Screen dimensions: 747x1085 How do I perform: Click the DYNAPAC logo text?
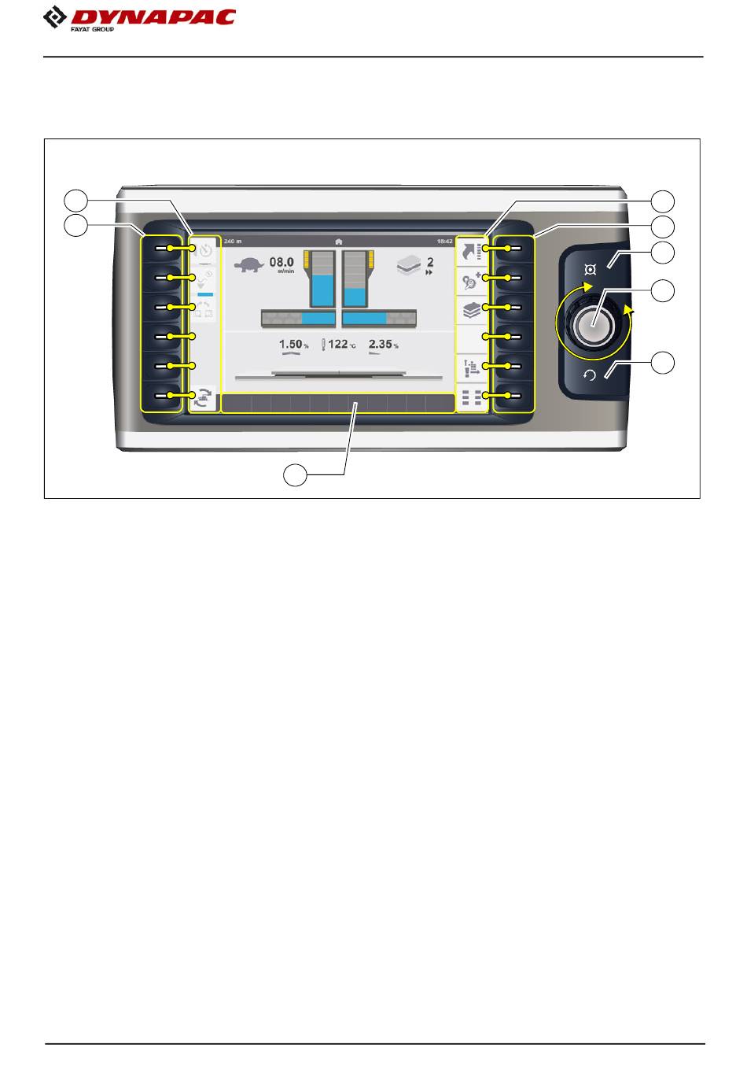tap(153, 17)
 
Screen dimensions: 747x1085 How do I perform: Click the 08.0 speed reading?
tap(282, 262)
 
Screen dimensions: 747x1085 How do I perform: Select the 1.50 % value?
tap(292, 345)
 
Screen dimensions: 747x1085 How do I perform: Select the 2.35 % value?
tap(381, 345)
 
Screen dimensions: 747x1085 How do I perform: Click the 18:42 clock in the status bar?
tap(444, 241)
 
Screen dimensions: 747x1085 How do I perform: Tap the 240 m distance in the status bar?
tap(234, 241)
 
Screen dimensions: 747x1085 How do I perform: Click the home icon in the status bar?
tap(338, 241)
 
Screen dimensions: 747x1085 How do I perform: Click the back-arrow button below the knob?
tap(590, 375)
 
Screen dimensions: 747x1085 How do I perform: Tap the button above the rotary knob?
tap(590, 268)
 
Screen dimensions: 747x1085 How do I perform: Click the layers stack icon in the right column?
tap(472, 308)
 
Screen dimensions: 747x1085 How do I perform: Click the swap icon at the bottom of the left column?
tap(204, 397)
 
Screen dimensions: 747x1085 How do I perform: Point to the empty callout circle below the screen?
tap(296, 475)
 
